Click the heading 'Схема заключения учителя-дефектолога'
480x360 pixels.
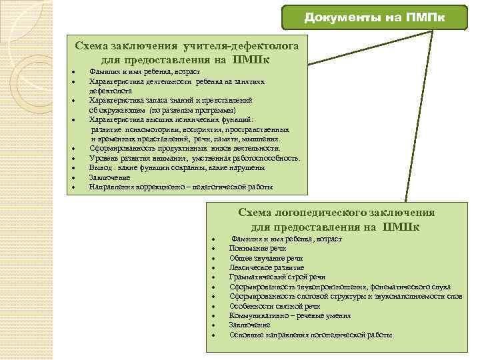(191, 46)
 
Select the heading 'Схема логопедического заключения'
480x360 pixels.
(336, 213)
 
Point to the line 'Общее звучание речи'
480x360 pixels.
(266, 257)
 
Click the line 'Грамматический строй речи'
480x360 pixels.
(277, 277)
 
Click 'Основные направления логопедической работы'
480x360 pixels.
(311, 335)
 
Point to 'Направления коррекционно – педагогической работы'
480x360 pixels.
(181, 187)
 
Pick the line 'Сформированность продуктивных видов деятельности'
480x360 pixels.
(185, 149)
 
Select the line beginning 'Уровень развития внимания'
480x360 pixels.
(195, 159)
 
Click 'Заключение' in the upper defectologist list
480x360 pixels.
(110, 178)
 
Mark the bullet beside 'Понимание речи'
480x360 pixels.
(213, 248)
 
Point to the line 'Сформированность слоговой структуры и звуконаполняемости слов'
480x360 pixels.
(345, 296)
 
